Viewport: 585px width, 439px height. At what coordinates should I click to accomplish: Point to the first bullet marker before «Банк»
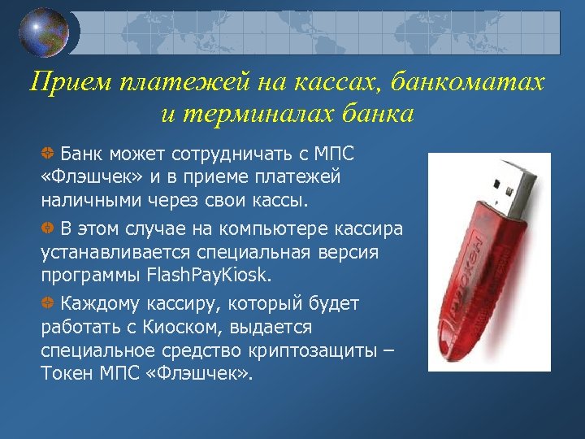pos(48,153)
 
